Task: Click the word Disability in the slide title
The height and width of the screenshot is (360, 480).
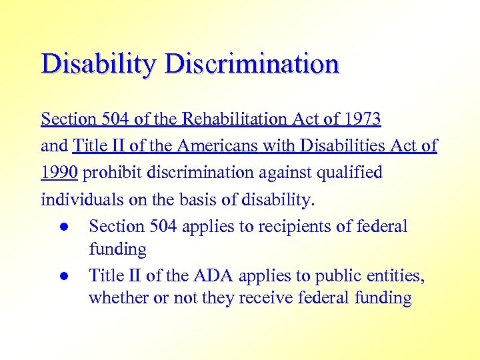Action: click(x=99, y=65)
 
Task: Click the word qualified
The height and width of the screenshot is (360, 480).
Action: click(x=350, y=173)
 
